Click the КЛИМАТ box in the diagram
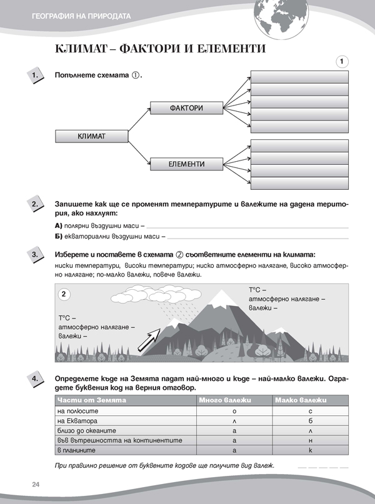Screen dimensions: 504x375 91,136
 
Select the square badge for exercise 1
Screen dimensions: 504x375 35,76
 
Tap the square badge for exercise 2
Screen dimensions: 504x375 35,204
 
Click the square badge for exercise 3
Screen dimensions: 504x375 35,255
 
